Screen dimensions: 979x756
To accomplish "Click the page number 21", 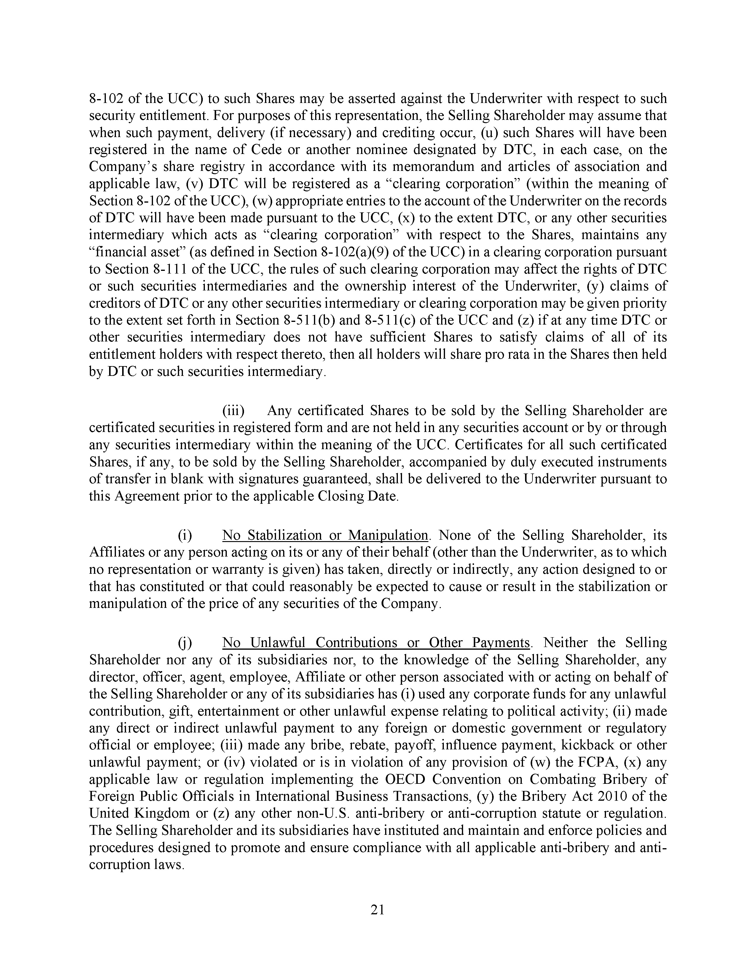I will (x=377, y=910).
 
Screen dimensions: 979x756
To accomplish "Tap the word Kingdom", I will (x=156, y=813).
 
